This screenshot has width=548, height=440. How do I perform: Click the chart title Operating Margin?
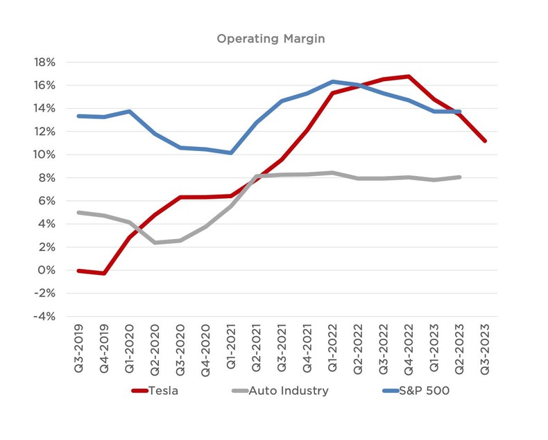tap(271, 39)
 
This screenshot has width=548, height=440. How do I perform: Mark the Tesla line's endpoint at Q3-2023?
tap(485, 141)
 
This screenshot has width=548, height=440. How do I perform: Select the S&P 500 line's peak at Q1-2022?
tap(333, 81)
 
